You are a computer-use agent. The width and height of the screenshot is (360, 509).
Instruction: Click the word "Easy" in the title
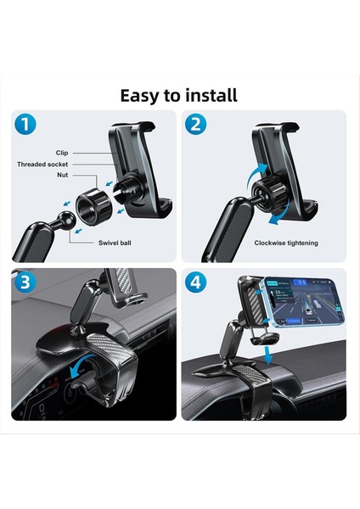point(143,95)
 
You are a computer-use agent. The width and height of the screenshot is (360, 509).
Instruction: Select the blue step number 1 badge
point(27,126)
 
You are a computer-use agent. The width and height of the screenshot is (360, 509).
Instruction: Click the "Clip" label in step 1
point(62,153)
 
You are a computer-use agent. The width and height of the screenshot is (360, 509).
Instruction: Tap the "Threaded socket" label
point(53,165)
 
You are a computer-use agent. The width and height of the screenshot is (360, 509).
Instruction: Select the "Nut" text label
point(62,176)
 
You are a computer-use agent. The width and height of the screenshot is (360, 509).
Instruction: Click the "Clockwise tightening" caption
point(286,243)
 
